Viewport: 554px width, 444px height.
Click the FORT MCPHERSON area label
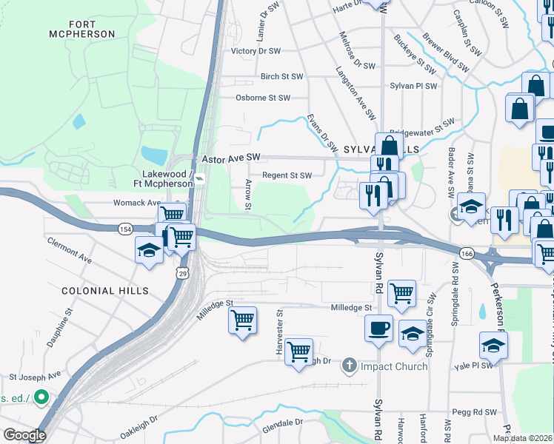(81, 28)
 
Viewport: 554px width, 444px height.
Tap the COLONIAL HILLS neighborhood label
(104, 291)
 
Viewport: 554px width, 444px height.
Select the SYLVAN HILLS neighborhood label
(381, 149)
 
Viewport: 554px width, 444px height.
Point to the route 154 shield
(124, 230)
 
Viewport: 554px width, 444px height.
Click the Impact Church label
(395, 366)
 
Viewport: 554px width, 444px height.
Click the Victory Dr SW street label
(256, 51)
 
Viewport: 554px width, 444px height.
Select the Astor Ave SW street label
(232, 158)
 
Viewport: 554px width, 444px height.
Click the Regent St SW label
(286, 175)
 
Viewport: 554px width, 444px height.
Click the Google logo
(24, 435)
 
